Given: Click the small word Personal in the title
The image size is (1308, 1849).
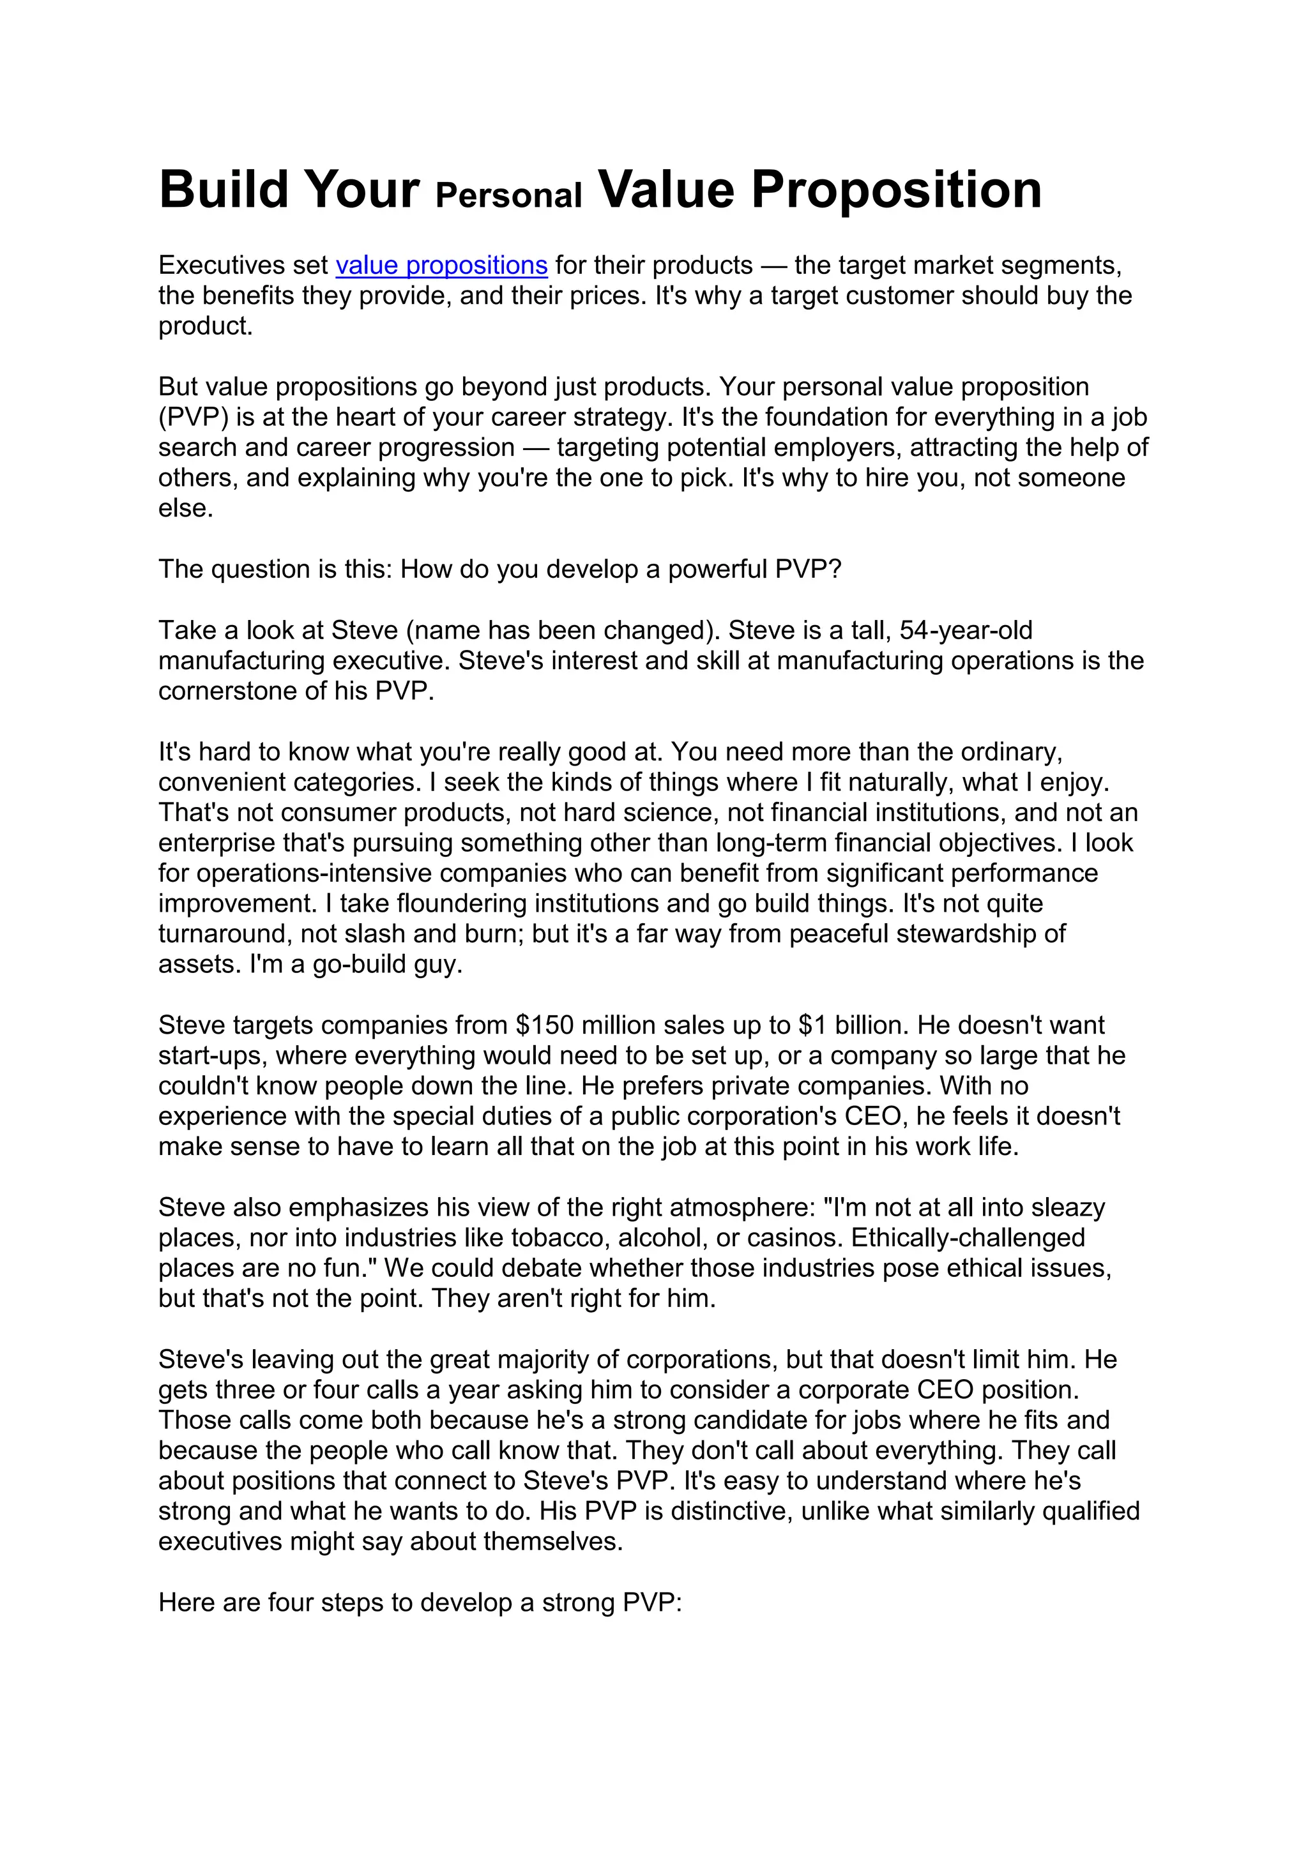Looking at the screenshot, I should coord(508,196).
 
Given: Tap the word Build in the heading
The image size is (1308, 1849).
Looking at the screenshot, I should coord(223,190).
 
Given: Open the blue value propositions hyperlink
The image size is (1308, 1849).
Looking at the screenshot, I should coord(441,265).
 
